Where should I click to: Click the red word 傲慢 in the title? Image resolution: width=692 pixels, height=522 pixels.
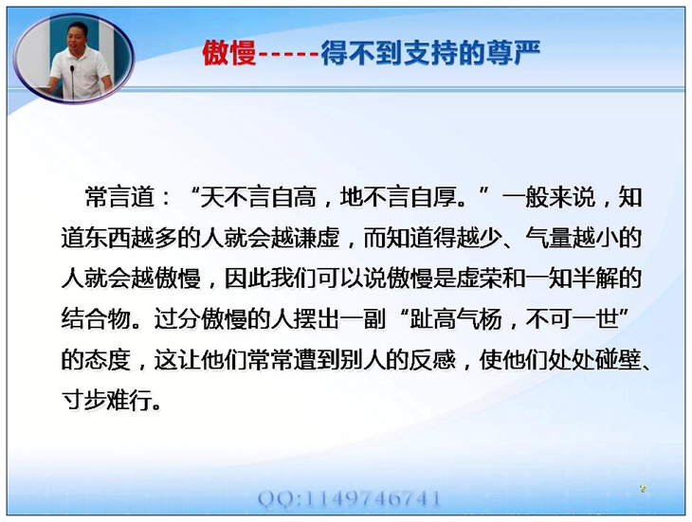coord(229,53)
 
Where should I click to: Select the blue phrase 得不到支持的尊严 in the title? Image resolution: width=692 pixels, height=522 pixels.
coord(430,53)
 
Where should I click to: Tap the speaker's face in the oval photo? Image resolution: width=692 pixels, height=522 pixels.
coord(78,37)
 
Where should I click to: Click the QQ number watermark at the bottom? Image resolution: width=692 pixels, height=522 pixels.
coord(349,499)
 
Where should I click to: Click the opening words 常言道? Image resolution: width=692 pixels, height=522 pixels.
coord(119,197)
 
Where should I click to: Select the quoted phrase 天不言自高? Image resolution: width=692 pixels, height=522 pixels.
coord(259,197)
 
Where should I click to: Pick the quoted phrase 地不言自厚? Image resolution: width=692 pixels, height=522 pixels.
coord(398,197)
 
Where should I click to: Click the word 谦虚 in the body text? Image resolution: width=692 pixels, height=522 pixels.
coord(317,238)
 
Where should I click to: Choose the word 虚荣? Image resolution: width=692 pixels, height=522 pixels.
coord(479,279)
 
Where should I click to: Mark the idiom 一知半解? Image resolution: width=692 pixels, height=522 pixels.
coord(572,279)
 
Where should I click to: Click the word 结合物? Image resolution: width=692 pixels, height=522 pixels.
coord(96,318)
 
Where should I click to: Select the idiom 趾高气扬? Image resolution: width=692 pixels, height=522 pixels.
coord(456,318)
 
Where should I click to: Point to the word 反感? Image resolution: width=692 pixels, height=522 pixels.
coord(432,360)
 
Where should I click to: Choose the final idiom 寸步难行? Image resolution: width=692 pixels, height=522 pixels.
coord(108,401)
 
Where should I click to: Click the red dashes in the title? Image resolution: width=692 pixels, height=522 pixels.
coord(288,55)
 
